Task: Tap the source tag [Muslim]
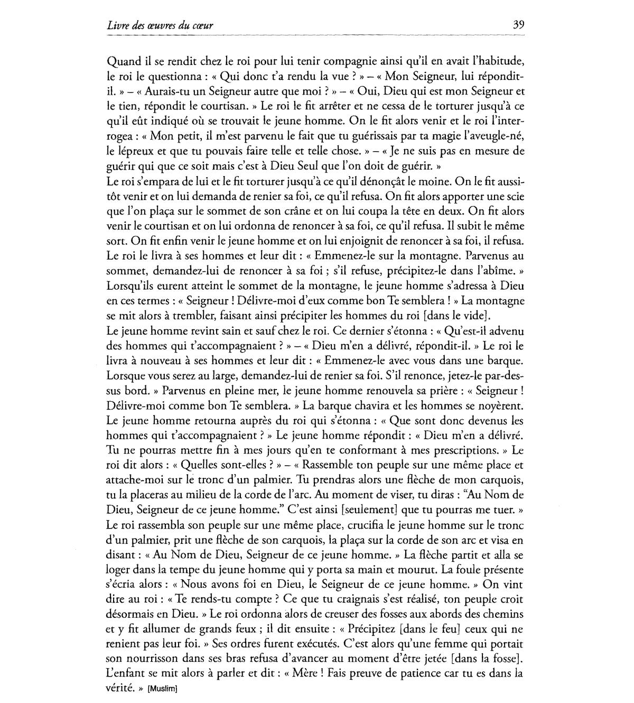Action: (x=162, y=689)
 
